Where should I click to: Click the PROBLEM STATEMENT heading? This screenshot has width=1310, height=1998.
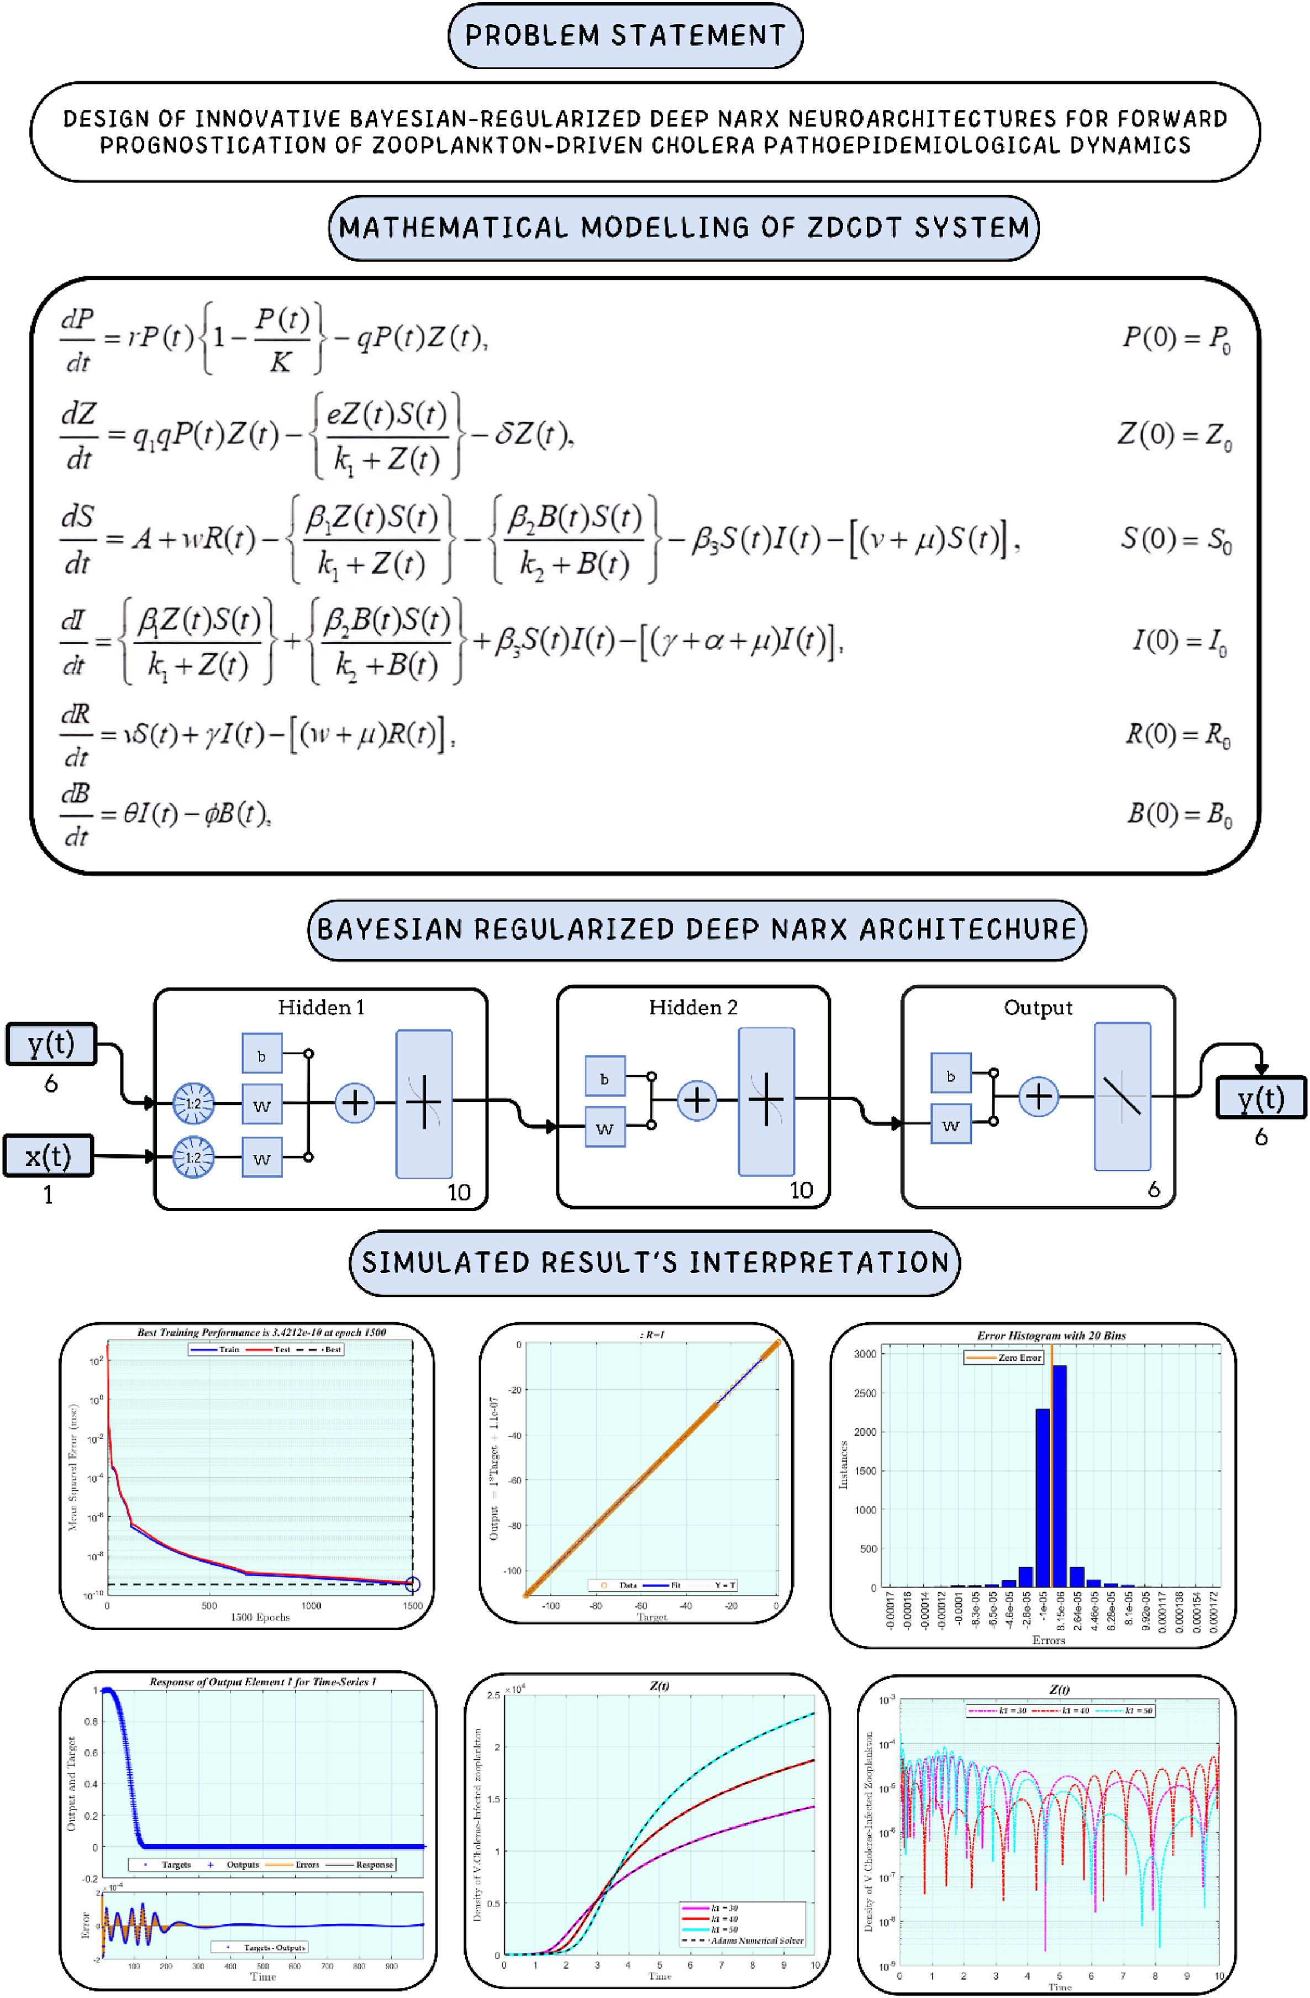[x=625, y=35]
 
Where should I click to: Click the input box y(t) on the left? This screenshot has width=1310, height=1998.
[x=51, y=1044]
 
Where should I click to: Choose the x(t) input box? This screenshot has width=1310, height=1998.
[x=48, y=1156]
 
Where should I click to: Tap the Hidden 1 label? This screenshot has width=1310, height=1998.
[x=320, y=1007]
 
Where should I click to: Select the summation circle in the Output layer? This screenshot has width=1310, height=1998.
[x=1038, y=1096]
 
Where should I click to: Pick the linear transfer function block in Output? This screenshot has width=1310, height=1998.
[x=1122, y=1096]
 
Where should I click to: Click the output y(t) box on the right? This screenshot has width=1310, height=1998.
[x=1260, y=1098]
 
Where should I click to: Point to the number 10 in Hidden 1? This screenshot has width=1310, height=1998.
[x=458, y=1192]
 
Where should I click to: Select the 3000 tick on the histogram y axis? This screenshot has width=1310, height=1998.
[x=864, y=1354]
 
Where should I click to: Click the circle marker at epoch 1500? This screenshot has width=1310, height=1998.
[x=412, y=1584]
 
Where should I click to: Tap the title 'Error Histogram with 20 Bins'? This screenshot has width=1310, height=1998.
[x=1051, y=1335]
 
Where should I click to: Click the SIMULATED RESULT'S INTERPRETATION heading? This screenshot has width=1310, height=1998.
[x=655, y=1263]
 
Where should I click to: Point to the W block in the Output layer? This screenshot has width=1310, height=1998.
[x=951, y=1126]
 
